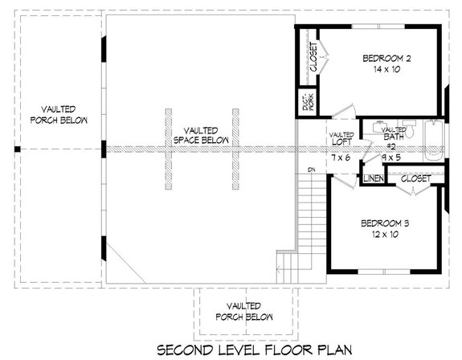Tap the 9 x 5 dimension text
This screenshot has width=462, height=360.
tap(391, 157)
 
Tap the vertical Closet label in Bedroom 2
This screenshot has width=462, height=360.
tap(313, 56)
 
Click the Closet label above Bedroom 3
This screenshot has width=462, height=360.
tap(415, 178)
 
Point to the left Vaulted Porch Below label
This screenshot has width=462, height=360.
tap(53, 114)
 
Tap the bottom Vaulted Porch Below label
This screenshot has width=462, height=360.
tap(242, 311)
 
